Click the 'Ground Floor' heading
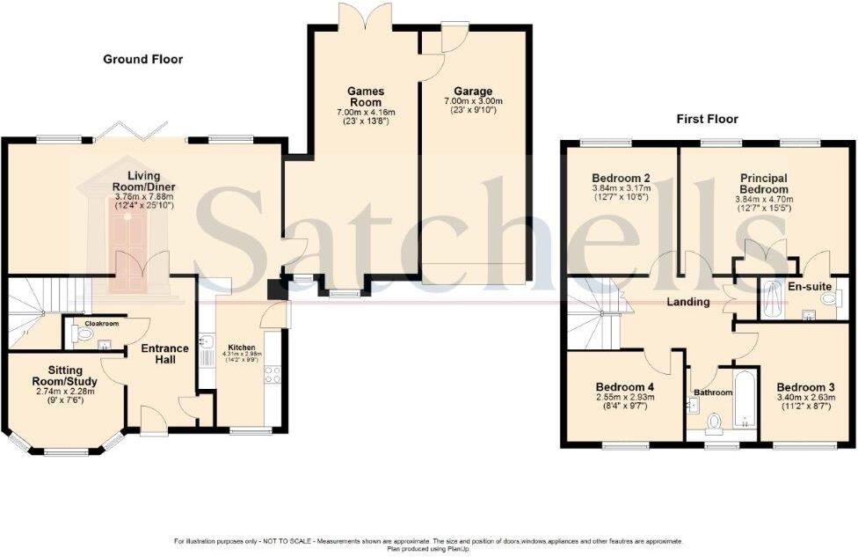[x=142, y=59]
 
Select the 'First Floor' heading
[x=706, y=119]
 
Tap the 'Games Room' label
[x=366, y=96]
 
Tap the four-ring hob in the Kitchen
[x=273, y=374]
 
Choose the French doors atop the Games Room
[x=363, y=16]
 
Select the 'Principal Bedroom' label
[x=762, y=184]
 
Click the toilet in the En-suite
[x=828, y=299]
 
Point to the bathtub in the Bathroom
[x=745, y=400]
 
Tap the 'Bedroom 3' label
[x=804, y=387]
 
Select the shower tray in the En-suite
[x=774, y=298]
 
